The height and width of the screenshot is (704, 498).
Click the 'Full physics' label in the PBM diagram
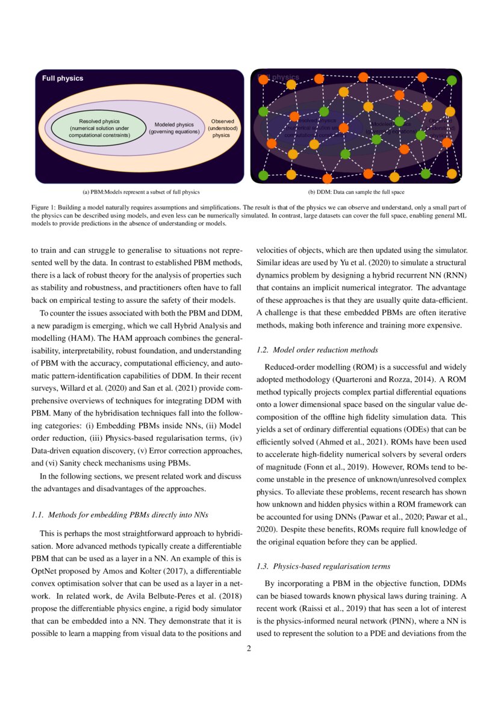click(x=63, y=78)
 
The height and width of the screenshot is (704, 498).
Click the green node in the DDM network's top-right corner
click(x=452, y=80)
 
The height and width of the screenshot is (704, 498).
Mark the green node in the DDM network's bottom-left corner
click(x=263, y=175)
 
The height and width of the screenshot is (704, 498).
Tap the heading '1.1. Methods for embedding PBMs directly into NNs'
click(x=119, y=515)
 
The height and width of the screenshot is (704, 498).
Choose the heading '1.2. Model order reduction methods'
click(x=317, y=350)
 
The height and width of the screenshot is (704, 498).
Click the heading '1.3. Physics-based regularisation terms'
click(x=323, y=566)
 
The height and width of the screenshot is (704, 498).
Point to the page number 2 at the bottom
click(x=249, y=649)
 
